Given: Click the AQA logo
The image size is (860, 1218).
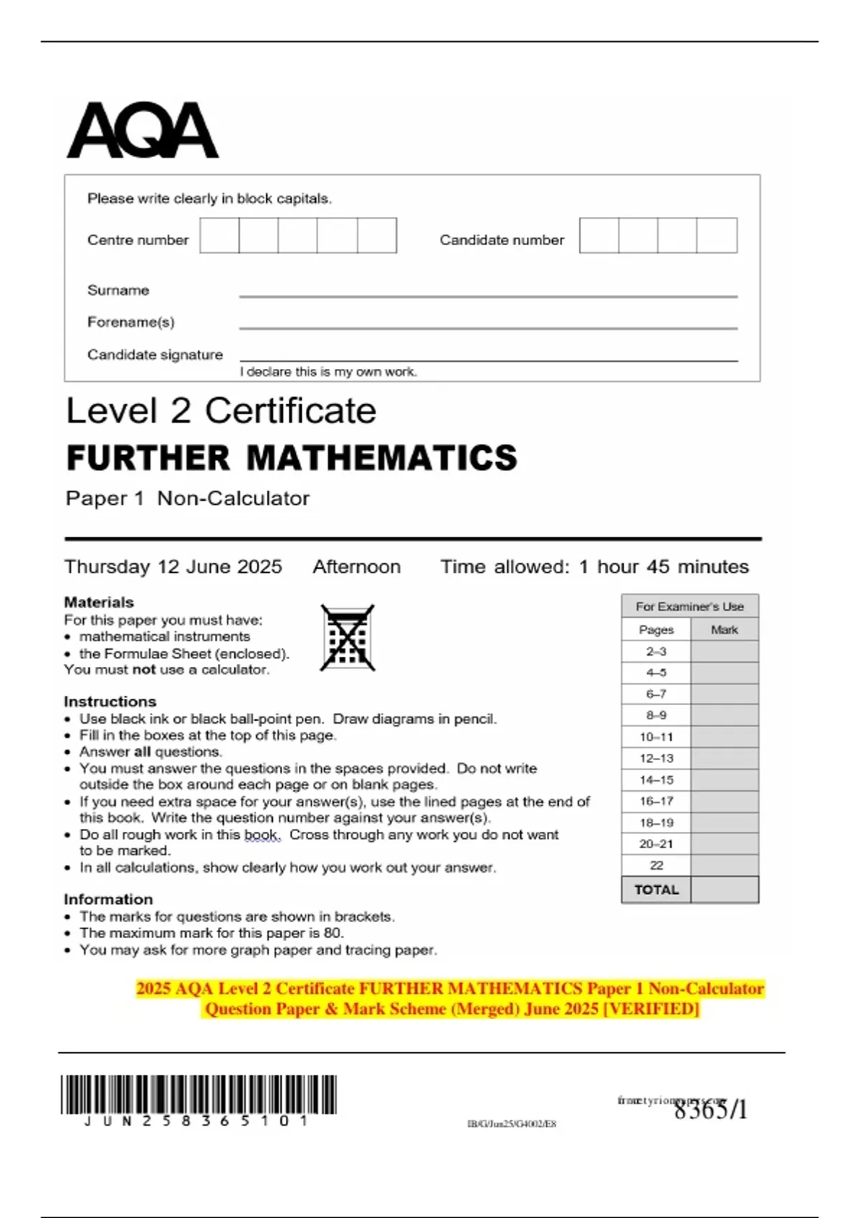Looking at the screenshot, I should click(x=142, y=130).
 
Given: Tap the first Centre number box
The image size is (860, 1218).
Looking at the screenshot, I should click(x=219, y=236).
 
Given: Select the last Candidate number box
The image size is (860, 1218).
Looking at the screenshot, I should click(x=717, y=236).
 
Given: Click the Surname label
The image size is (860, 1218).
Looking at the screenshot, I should click(x=118, y=290).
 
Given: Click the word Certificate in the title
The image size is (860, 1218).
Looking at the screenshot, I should click(x=290, y=411).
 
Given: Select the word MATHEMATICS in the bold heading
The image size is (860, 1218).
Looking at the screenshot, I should click(x=382, y=459).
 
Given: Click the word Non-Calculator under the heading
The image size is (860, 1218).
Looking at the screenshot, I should click(x=233, y=499).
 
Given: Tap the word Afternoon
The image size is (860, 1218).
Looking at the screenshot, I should click(x=356, y=567).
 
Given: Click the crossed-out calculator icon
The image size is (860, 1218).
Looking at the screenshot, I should click(x=348, y=638).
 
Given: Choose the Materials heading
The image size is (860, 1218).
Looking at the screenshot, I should click(x=99, y=603).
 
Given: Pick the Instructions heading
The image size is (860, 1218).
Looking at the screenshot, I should click(x=110, y=701).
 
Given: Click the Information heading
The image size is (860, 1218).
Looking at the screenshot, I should click(x=108, y=899).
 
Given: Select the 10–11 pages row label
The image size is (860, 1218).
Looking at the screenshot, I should click(x=656, y=737).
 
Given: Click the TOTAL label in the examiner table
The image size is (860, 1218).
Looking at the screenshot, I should click(x=656, y=890).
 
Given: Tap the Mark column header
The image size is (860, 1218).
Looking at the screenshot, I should click(x=724, y=630).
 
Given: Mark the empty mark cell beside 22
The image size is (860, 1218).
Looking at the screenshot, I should click(x=724, y=865).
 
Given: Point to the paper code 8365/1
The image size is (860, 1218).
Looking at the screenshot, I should click(x=710, y=1110).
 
